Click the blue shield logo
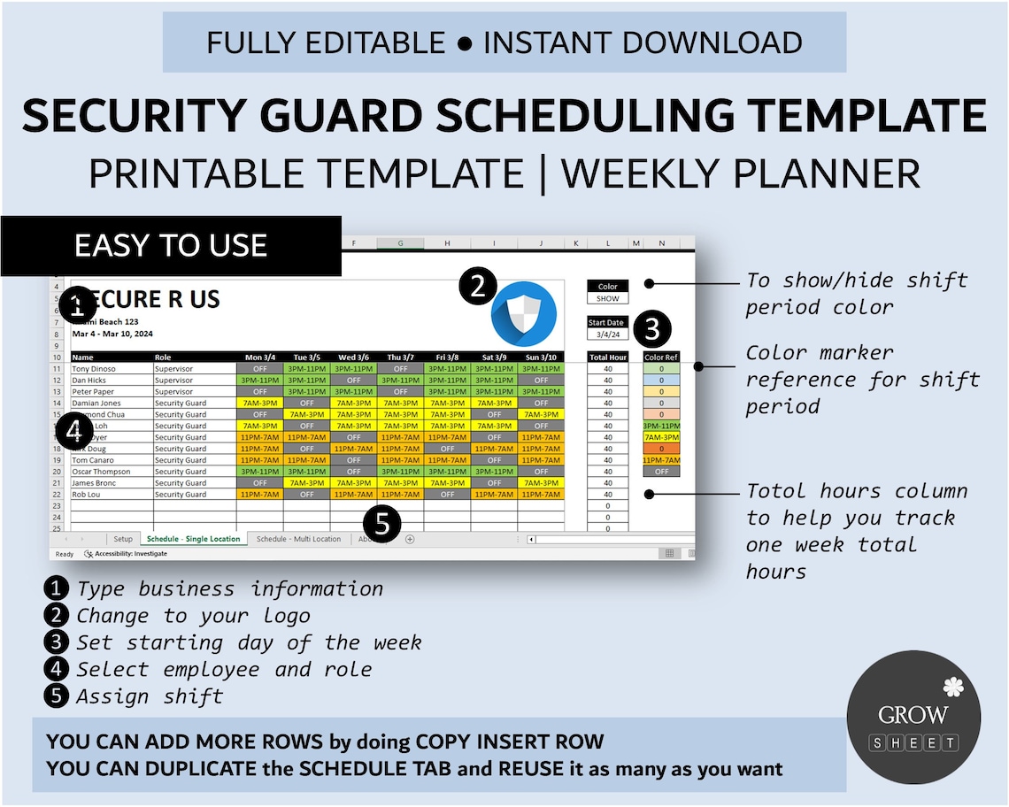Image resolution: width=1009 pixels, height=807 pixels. tap(524, 314)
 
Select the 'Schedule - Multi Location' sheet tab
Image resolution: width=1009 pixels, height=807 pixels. tap(298, 539)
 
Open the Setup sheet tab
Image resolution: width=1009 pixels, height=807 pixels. tap(122, 539)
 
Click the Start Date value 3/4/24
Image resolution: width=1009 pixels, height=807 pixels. tap(608, 334)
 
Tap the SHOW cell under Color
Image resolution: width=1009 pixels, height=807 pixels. tap(608, 298)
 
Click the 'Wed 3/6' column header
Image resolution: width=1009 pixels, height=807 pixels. tap(353, 357)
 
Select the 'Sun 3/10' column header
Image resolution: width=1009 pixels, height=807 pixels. tap(541, 357)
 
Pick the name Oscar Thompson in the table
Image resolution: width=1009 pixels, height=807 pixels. tap(101, 472)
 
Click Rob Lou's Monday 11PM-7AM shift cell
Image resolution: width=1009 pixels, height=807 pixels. tap(259, 495)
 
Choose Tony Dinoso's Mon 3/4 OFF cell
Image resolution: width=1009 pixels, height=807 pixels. tap(259, 369)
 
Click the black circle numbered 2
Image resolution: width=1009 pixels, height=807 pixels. tap(479, 287)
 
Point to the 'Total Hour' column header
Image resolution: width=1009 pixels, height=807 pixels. tap(608, 357)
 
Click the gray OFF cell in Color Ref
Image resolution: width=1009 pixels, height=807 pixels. tap(661, 472)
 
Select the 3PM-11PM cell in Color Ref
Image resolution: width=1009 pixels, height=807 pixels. tap(661, 426)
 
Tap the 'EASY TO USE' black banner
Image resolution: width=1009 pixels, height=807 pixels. tap(171, 245)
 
